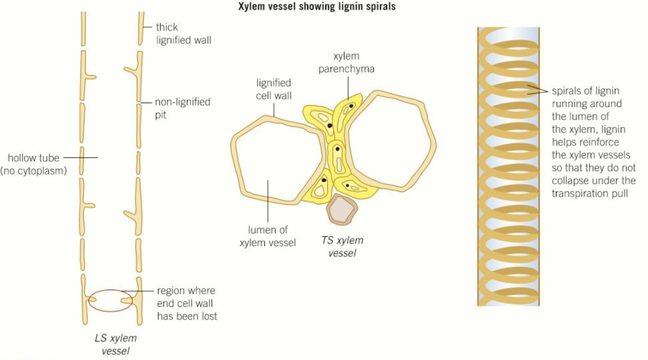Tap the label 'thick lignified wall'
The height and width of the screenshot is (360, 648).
[183, 34]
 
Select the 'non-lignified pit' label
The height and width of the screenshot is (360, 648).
[182, 107]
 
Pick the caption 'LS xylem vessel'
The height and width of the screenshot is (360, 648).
[116, 344]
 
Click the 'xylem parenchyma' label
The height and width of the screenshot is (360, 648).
[346, 63]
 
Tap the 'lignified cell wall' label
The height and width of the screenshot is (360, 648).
[273, 89]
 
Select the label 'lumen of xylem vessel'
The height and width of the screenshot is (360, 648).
[267, 236]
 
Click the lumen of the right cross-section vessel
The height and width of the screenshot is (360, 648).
[388, 138]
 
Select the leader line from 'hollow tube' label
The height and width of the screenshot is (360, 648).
[80, 158]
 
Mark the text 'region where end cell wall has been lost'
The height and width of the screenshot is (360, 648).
[187, 303]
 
